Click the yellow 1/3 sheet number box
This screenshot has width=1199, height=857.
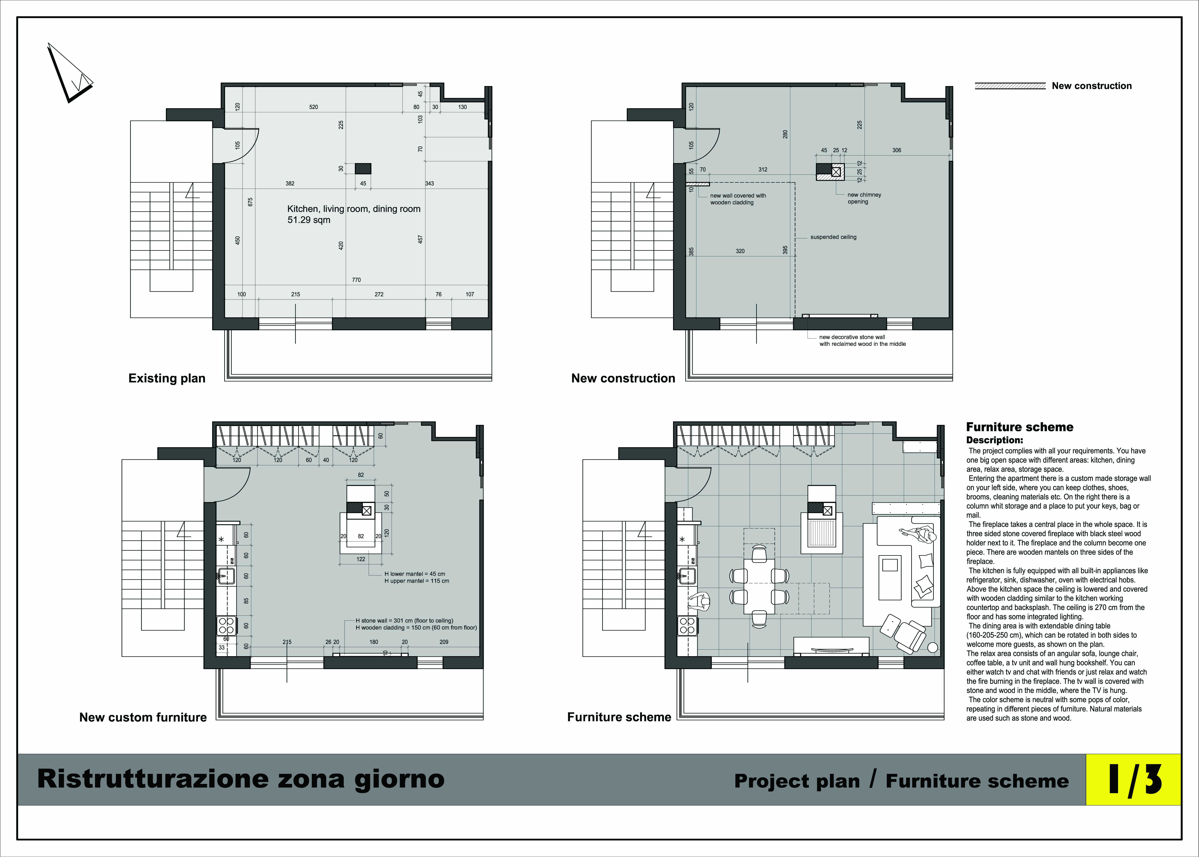pyautogui.click(x=1133, y=779)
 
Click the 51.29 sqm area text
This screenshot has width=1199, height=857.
pyautogui.click(x=309, y=220)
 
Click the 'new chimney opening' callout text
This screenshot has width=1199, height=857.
pyautogui.click(x=864, y=198)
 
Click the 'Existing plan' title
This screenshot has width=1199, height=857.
pyautogui.click(x=167, y=378)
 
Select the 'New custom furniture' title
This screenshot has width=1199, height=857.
pyautogui.click(x=143, y=717)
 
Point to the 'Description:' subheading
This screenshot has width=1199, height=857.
pyautogui.click(x=994, y=440)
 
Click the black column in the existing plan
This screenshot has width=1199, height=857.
pyautogui.click(x=363, y=168)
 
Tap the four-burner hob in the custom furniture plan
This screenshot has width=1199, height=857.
pyautogui.click(x=226, y=625)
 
